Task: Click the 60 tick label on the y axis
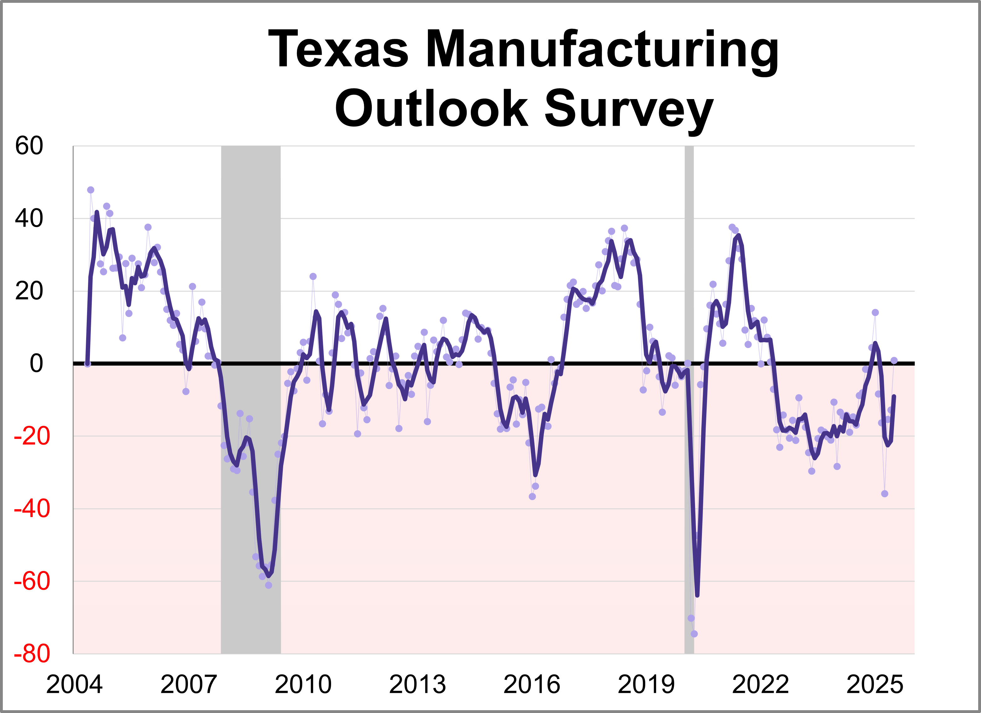point(29,146)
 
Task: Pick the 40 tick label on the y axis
point(29,219)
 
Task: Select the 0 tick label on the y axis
point(36,364)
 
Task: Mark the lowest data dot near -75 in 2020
point(694,634)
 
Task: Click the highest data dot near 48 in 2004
point(91,190)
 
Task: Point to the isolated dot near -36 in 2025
point(885,494)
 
